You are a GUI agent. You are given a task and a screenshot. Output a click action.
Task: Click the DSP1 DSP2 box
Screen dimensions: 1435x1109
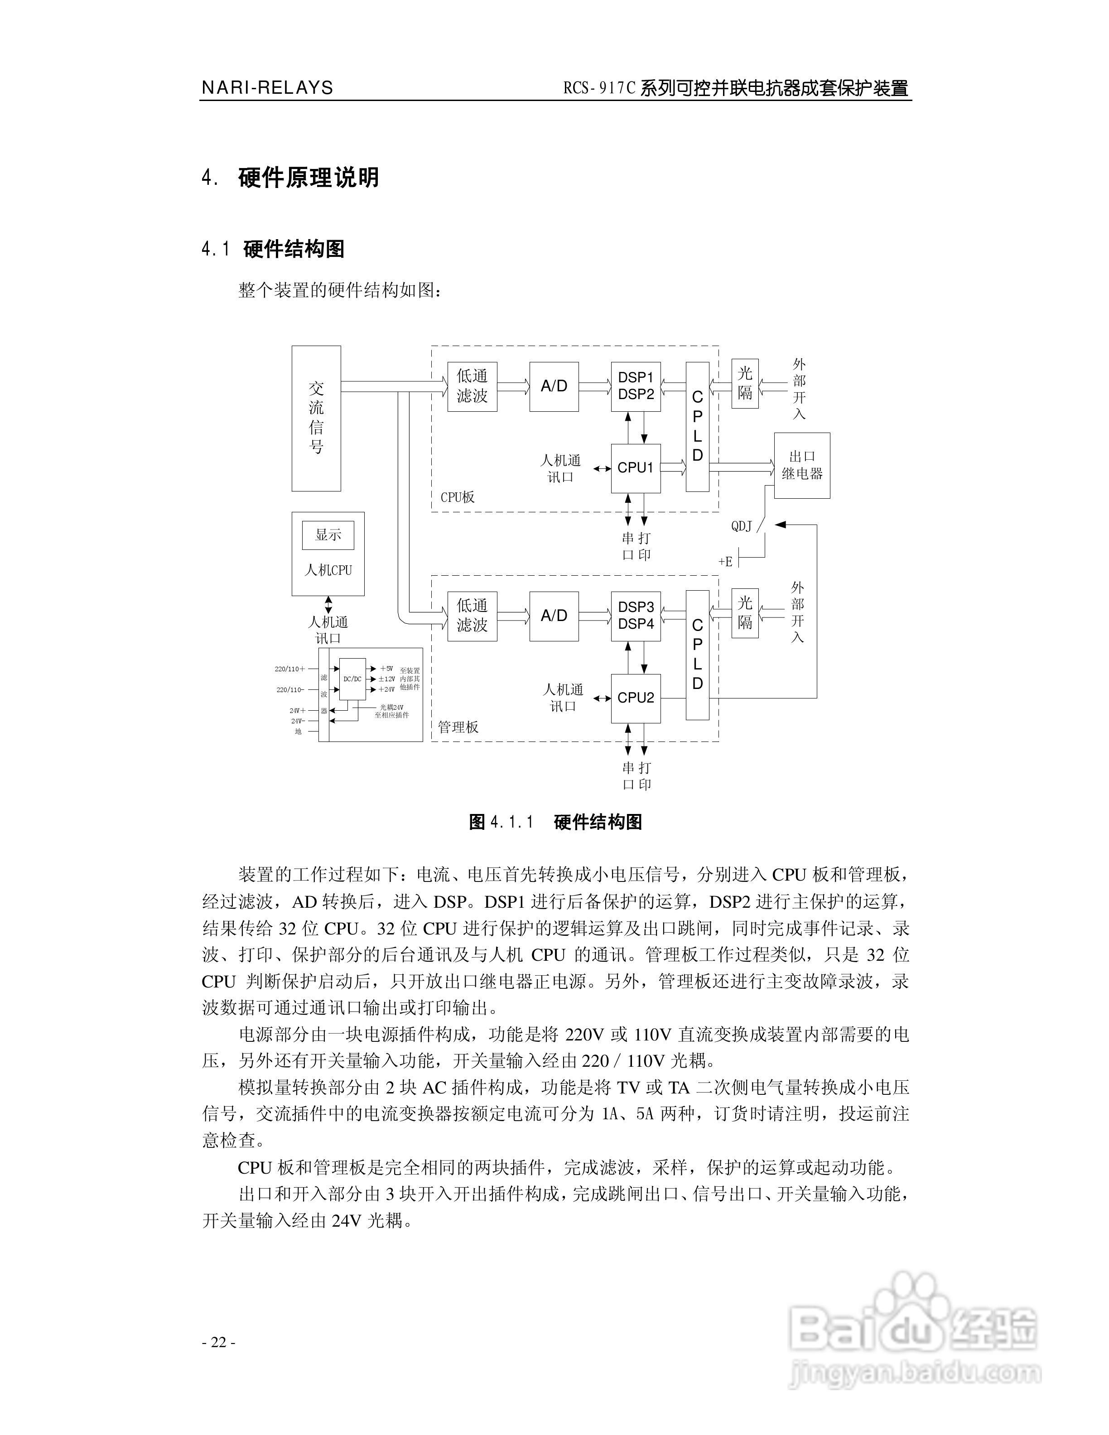635,386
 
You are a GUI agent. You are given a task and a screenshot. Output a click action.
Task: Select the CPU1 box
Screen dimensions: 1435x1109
635,468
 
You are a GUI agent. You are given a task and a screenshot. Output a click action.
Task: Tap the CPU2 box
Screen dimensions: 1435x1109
635,698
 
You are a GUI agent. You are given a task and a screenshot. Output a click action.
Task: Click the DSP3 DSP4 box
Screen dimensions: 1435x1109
635,616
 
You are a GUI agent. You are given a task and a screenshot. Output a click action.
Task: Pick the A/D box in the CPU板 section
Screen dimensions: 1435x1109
554,386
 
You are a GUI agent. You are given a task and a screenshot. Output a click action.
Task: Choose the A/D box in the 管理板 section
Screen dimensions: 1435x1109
554,616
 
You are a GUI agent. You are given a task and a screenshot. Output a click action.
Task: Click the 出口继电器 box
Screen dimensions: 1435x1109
801,465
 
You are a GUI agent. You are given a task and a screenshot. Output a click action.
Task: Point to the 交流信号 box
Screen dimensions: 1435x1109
316,418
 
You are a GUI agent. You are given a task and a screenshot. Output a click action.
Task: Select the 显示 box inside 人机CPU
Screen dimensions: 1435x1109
328,535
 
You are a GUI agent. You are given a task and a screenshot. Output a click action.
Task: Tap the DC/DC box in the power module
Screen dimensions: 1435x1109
353,679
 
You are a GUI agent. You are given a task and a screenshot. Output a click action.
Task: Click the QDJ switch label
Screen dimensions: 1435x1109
742,526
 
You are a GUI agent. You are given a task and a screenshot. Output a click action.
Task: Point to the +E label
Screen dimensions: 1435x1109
725,561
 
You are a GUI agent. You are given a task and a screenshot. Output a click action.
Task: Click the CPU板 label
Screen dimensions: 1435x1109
457,497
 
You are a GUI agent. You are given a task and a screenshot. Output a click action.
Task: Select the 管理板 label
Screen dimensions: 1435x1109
458,727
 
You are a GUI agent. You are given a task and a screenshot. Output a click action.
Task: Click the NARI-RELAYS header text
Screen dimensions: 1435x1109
267,87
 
